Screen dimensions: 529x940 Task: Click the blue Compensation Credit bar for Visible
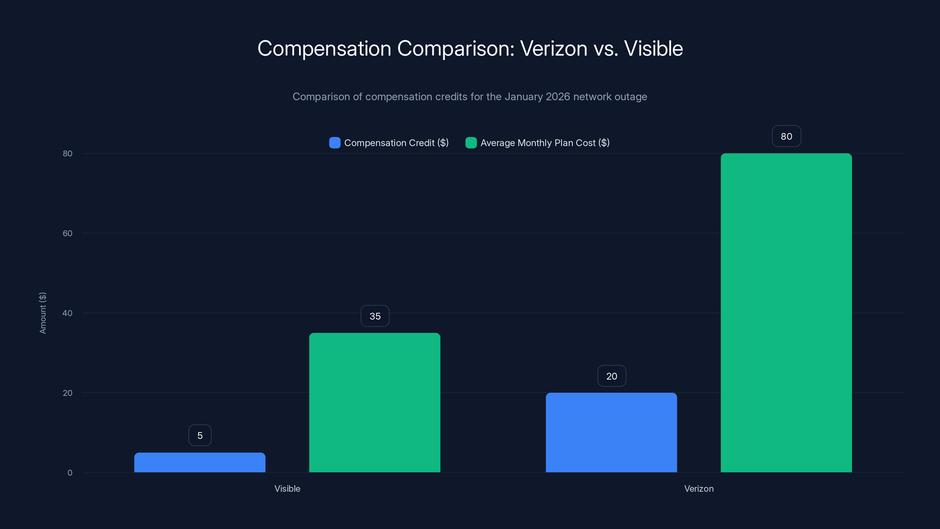[x=200, y=462]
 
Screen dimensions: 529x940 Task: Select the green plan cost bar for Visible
[x=375, y=402]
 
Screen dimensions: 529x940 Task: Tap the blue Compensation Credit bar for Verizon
[x=611, y=432]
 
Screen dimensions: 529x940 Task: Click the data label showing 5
[x=200, y=435]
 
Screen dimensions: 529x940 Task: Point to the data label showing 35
[x=375, y=316]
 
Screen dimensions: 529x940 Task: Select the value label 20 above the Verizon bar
[x=612, y=376]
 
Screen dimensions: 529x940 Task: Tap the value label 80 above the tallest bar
[x=786, y=136]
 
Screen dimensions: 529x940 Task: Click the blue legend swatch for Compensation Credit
[x=335, y=143]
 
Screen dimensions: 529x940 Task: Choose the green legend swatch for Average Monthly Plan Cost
[x=471, y=143]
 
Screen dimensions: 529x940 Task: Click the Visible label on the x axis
[x=287, y=488]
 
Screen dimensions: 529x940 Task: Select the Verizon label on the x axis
[x=699, y=488]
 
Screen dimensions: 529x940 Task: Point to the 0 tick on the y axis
[x=70, y=473]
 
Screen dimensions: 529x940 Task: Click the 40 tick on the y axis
[x=68, y=313]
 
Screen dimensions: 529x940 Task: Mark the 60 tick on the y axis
[x=68, y=233]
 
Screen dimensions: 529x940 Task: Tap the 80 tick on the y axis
[x=68, y=153]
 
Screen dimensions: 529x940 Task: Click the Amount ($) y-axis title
[x=43, y=313]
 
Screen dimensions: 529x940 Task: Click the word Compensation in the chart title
[x=324, y=48]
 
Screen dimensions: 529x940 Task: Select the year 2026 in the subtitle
[x=558, y=97]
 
